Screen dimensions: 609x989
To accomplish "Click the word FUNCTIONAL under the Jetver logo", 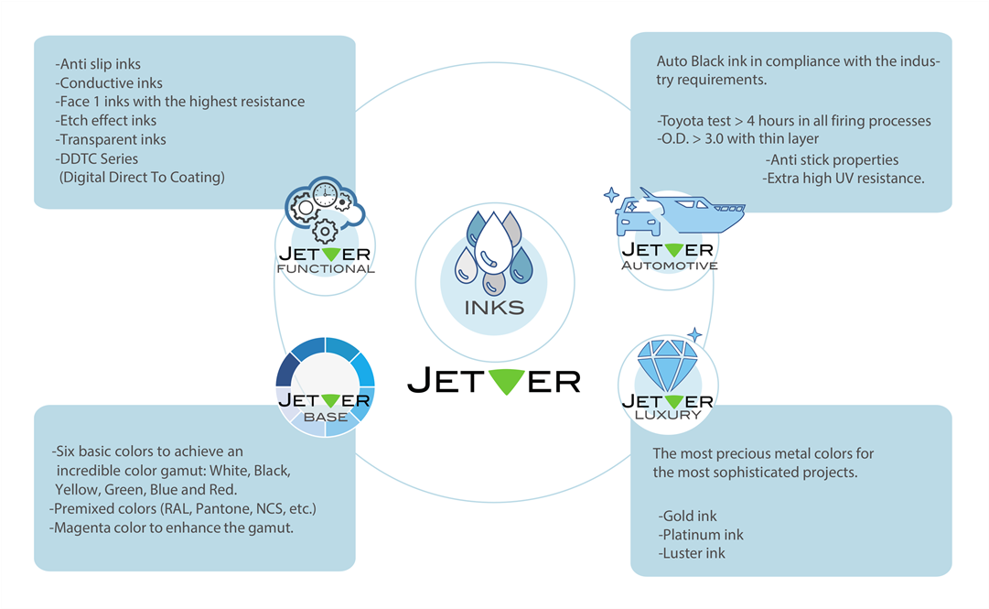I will [326, 269].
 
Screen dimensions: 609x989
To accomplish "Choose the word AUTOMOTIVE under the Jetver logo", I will [668, 266].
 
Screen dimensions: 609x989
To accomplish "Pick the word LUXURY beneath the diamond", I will [667, 415].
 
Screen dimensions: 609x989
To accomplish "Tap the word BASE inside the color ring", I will [325, 417].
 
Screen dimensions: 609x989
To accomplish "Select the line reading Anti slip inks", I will [98, 64].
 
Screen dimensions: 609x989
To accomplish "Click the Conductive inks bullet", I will [109, 83].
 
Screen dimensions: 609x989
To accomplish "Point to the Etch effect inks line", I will [105, 120].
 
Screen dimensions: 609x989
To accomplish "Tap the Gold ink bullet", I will [687, 517].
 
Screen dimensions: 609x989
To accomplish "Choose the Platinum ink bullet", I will [701, 535].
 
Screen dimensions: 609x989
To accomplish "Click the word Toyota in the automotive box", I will [683, 121].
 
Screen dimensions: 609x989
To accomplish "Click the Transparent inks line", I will [111, 139].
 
